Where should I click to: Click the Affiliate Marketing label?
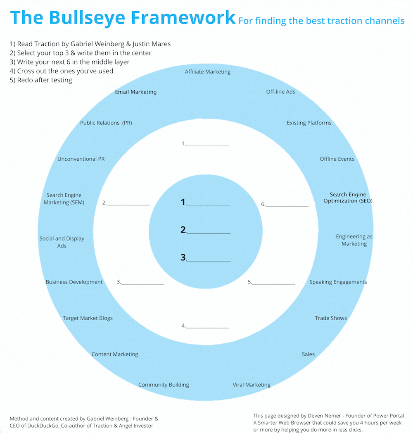click(207, 72)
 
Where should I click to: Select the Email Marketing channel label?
click(135, 92)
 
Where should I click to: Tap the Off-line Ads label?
click(280, 92)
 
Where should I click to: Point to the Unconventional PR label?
click(81, 159)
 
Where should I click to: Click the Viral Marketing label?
click(252, 385)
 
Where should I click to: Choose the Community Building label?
click(164, 385)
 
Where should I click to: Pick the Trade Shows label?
click(331, 318)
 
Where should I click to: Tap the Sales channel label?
click(308, 354)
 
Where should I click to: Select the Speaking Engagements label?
click(338, 282)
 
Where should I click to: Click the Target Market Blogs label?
click(88, 318)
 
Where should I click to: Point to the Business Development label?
click(74, 282)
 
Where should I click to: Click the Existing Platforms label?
click(309, 123)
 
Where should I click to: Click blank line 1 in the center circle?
click(209, 204)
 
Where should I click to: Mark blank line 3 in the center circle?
click(209, 259)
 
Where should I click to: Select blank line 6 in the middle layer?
click(287, 205)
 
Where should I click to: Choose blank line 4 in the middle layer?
click(208, 326)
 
